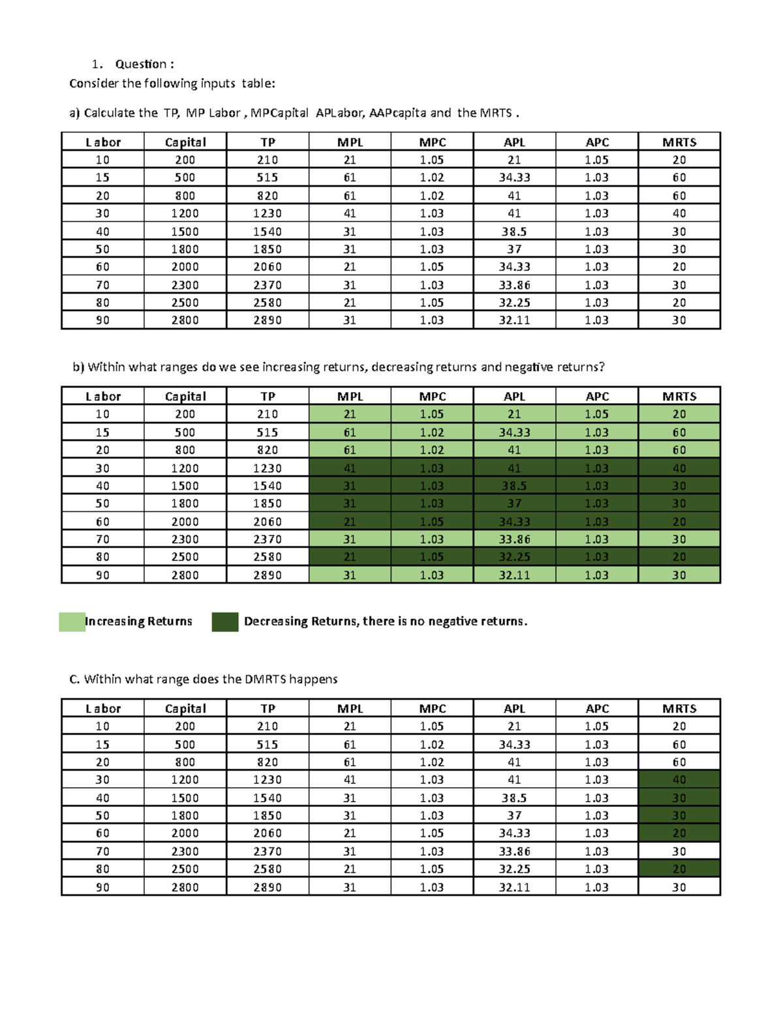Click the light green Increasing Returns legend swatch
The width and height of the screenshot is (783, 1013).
point(72,622)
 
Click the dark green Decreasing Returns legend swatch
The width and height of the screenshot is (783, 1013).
point(224,622)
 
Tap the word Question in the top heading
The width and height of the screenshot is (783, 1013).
point(140,64)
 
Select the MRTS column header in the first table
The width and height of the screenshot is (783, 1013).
point(679,142)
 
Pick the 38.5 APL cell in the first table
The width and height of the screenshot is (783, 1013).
point(514,232)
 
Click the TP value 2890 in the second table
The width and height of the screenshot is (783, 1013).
point(268,575)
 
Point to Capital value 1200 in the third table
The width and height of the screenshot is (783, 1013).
point(185,780)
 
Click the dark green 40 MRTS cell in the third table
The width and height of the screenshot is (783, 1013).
point(679,780)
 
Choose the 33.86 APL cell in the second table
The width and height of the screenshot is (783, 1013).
point(514,539)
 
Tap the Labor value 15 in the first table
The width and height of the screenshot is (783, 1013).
point(102,177)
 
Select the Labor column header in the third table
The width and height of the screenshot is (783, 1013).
point(103,708)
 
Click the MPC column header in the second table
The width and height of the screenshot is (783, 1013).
point(432,397)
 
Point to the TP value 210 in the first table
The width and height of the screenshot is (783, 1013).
point(268,160)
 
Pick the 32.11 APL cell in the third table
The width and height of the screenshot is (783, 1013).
point(514,887)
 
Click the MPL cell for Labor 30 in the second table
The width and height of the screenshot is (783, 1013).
point(350,468)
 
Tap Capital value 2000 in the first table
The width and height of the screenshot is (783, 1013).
point(185,267)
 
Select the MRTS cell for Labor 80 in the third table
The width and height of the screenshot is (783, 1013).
point(679,869)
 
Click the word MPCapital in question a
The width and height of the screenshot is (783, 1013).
point(279,113)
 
